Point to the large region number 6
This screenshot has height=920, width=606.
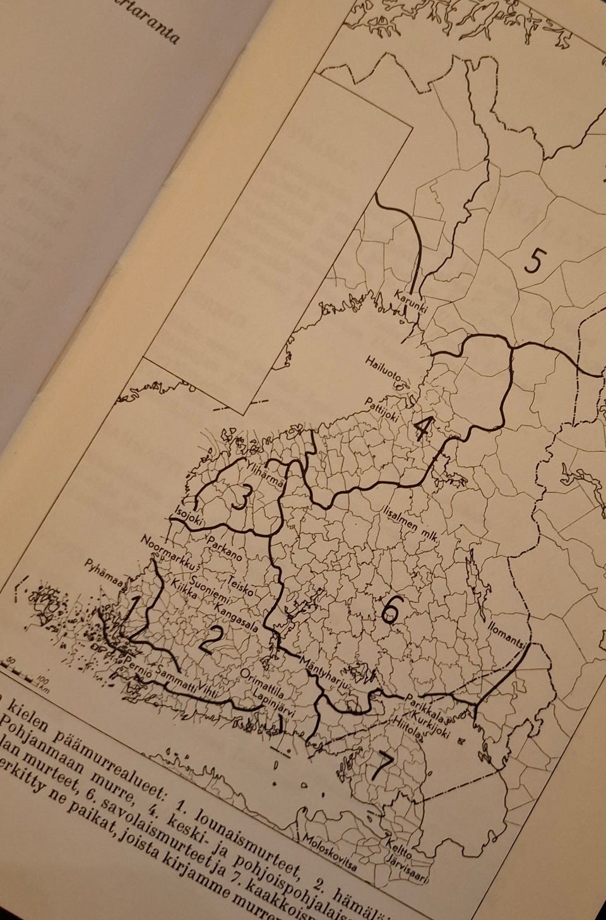[390, 609]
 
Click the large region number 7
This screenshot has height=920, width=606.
[382, 764]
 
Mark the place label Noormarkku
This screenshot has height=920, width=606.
[166, 553]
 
